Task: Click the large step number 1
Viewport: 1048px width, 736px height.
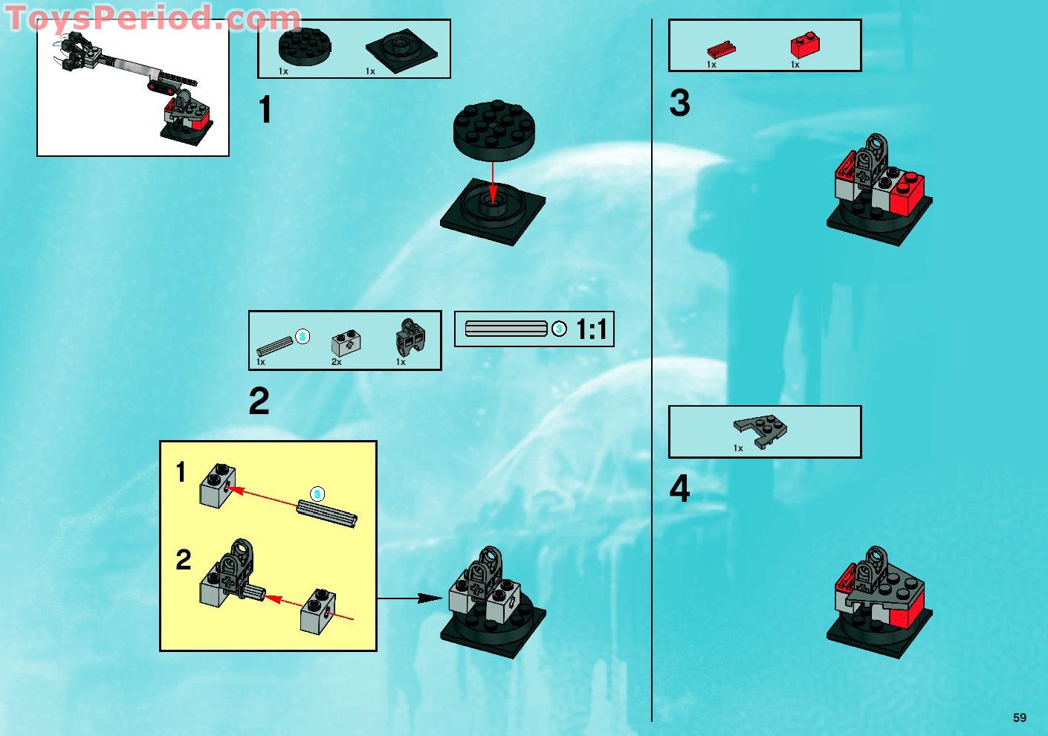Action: tap(265, 110)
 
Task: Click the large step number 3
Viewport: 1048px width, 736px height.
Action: tap(679, 103)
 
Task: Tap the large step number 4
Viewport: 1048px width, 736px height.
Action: tap(679, 489)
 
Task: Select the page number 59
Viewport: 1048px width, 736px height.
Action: tap(1019, 717)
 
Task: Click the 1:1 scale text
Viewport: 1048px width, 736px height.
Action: tap(592, 329)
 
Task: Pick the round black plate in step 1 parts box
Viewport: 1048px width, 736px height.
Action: tap(305, 46)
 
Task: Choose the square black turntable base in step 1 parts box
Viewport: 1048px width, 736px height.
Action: tap(401, 51)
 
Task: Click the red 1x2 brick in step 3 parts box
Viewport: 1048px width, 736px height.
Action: tap(804, 45)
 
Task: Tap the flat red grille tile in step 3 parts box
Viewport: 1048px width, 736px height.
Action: tap(720, 50)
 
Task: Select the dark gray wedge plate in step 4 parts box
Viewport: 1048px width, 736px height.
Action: tap(760, 430)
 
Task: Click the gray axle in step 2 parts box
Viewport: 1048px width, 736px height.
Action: tap(275, 346)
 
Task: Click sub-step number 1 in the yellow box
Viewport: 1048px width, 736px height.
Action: tap(181, 472)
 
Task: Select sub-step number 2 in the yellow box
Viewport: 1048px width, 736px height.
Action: tap(183, 560)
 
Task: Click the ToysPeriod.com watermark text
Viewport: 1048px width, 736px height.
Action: tap(152, 19)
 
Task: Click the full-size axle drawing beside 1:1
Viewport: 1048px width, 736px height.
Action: tap(506, 329)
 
